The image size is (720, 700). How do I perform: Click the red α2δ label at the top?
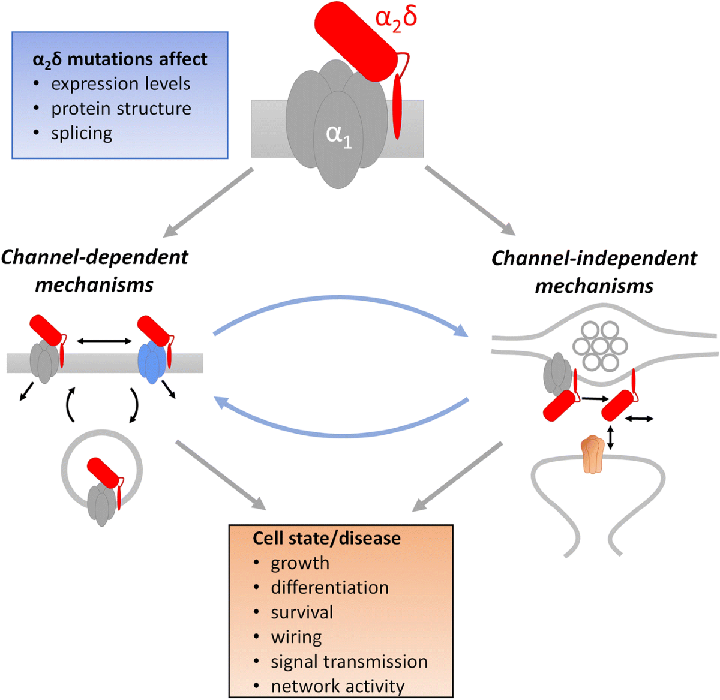(396, 18)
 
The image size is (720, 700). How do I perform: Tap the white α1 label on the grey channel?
(338, 134)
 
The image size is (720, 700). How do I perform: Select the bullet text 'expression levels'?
(121, 84)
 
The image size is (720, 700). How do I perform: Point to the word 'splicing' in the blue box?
(82, 133)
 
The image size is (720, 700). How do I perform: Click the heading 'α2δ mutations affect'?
(119, 59)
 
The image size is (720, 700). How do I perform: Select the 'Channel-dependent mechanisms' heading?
(94, 271)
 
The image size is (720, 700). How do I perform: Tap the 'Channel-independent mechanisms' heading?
(594, 272)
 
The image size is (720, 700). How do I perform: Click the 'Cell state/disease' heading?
(326, 538)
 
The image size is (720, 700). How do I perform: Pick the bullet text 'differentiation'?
(329, 587)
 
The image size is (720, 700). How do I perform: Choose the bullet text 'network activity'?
(337, 686)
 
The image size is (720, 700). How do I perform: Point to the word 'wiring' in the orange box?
(296, 637)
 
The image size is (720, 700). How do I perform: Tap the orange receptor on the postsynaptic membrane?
(592, 454)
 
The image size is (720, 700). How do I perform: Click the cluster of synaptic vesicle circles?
(600, 346)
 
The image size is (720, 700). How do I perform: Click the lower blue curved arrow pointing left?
(342, 427)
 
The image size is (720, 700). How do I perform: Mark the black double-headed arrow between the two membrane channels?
(104, 341)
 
